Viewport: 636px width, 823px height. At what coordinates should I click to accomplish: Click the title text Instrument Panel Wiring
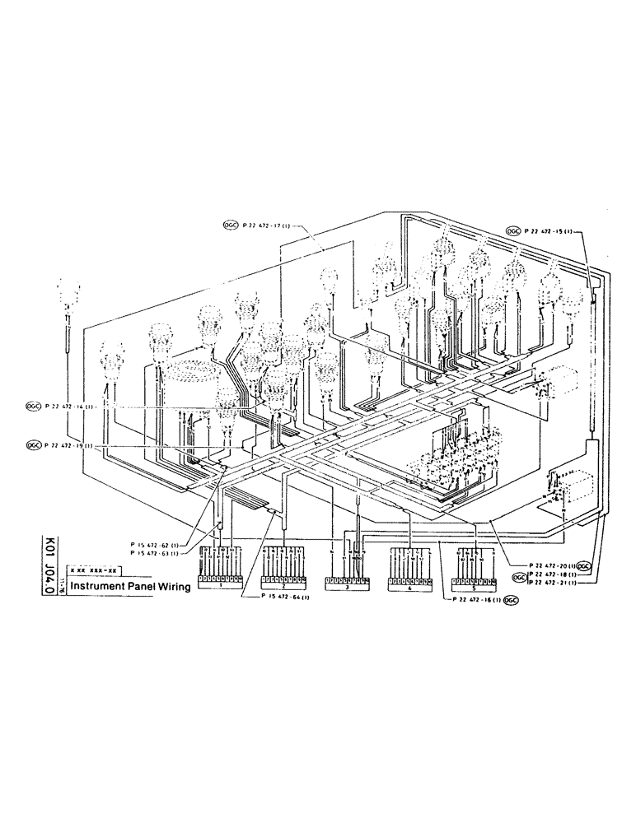coord(130,587)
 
